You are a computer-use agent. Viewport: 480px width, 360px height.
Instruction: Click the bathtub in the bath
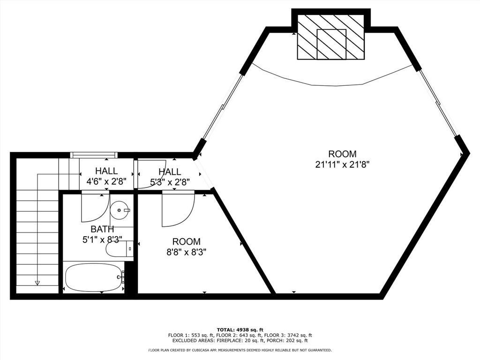(x=93, y=277)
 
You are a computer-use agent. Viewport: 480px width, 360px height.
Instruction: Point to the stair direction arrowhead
(x=37, y=283)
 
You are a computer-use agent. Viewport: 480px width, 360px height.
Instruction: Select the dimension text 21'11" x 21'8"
(x=342, y=165)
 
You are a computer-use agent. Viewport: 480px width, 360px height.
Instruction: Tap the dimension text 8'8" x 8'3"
(x=186, y=252)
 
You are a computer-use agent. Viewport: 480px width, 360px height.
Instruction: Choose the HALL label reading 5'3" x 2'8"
(x=169, y=181)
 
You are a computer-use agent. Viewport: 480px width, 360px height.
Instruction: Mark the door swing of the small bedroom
(x=178, y=211)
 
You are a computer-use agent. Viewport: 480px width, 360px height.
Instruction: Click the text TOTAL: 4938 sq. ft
(x=240, y=330)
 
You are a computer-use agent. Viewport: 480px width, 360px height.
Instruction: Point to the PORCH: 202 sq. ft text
(x=292, y=341)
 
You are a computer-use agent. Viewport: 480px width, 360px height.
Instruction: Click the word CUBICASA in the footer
(x=202, y=350)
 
